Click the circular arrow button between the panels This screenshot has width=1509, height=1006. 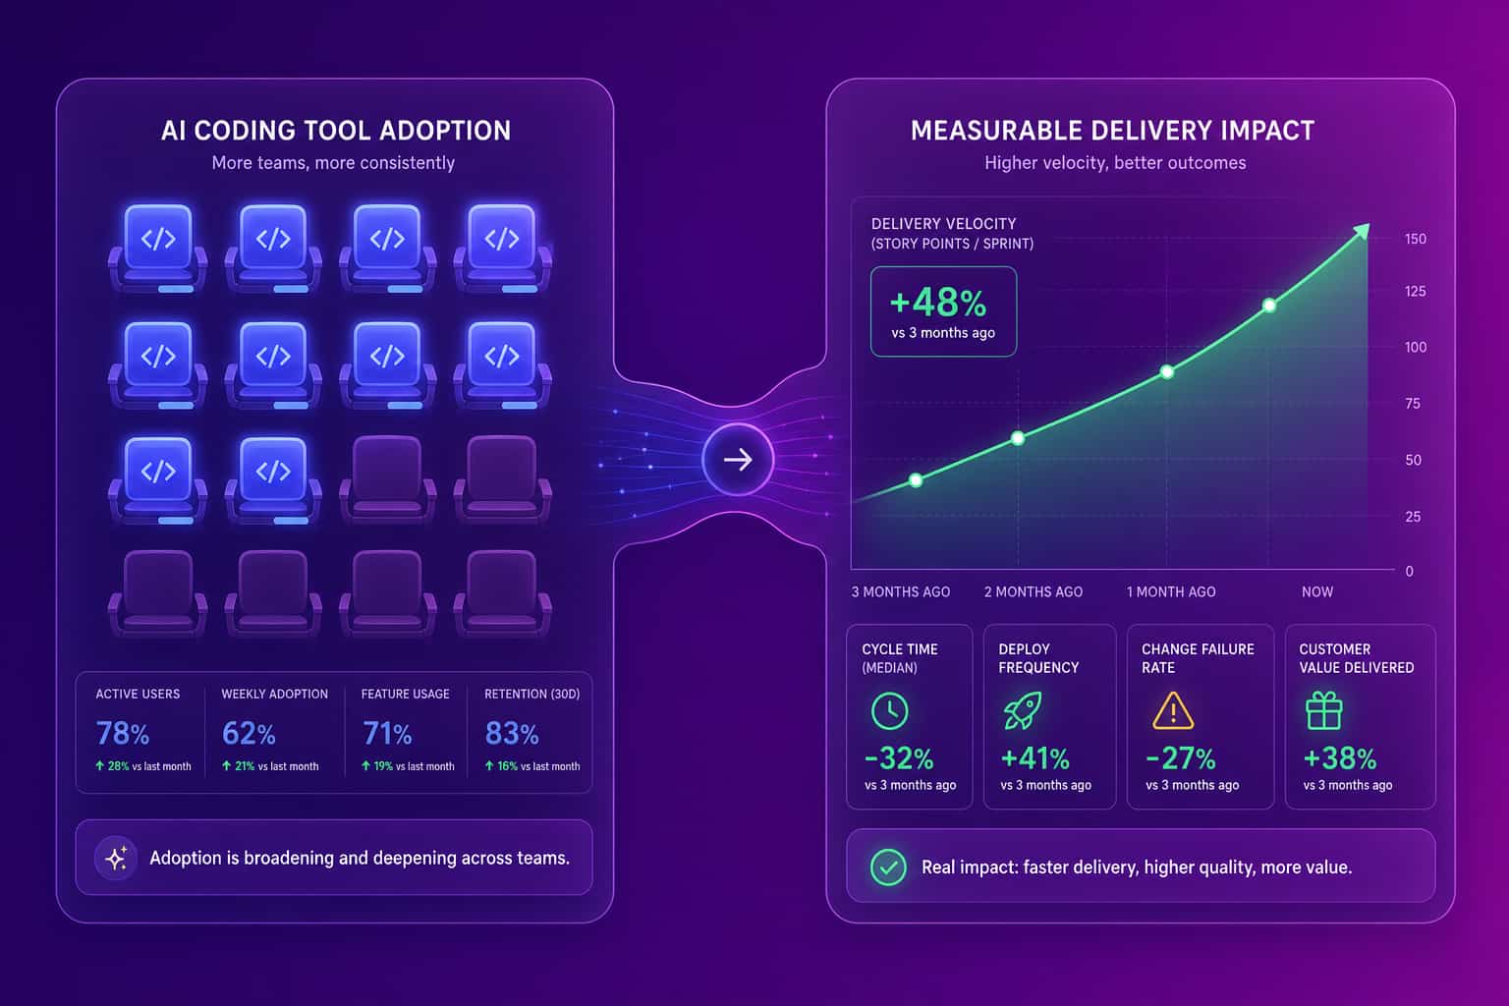(738, 460)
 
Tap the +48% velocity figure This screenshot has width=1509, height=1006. (938, 303)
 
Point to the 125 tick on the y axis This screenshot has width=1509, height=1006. (1415, 291)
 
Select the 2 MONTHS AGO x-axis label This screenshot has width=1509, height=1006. (1034, 591)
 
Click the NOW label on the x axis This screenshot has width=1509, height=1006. (1317, 591)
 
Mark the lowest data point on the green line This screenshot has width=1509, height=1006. (916, 480)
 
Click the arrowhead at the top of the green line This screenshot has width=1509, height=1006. (1362, 231)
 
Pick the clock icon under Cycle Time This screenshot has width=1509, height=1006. (889, 711)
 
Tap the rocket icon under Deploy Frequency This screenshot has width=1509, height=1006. (1023, 710)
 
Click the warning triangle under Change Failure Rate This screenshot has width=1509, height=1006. (1173, 711)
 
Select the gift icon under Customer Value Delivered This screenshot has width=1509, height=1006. (1323, 711)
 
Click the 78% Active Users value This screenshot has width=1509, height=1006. (122, 733)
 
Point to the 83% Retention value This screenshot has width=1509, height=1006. (511, 733)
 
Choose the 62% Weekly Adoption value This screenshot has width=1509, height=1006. (249, 733)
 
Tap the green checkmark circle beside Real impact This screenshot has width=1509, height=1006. (888, 866)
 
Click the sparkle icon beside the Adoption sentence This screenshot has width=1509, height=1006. (116, 858)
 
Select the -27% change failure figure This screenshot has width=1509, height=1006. (1180, 758)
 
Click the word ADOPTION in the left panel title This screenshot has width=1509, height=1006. (445, 131)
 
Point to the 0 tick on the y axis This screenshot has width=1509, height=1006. (1410, 572)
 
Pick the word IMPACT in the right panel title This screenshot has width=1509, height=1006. (1266, 131)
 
